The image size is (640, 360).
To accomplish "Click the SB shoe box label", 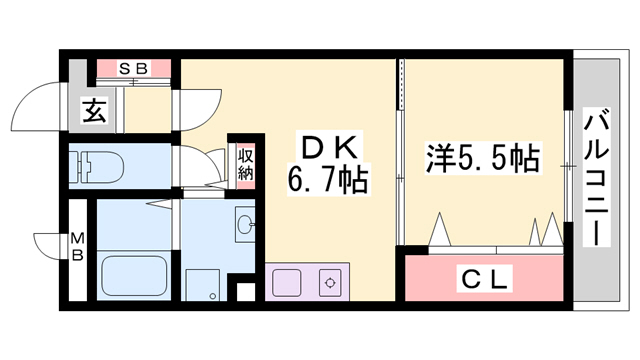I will pos(134,69).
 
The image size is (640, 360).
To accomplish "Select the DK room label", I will pos(327,149).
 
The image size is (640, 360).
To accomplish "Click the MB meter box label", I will pos(75,245).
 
